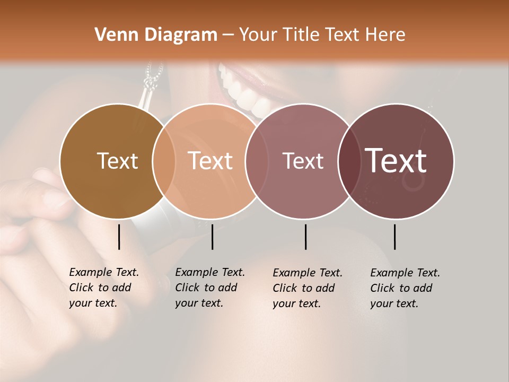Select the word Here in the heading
click(x=387, y=35)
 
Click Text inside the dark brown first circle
click(x=117, y=161)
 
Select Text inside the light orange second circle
click(x=210, y=161)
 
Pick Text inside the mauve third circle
click(x=303, y=161)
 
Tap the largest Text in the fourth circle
click(x=396, y=160)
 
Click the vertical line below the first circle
click(x=119, y=237)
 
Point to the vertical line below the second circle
click(x=212, y=237)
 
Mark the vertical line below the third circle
click(x=305, y=237)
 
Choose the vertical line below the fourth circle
click(x=395, y=237)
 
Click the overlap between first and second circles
click(x=164, y=161)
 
